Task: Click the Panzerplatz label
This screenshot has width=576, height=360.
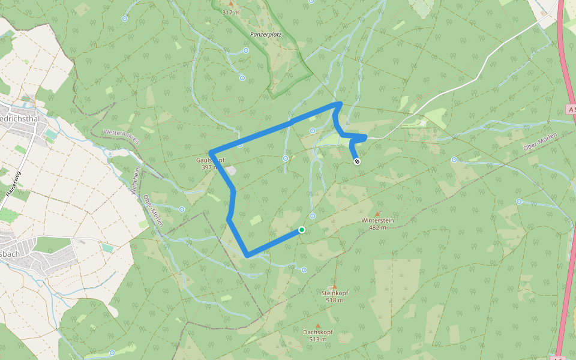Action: point(265,35)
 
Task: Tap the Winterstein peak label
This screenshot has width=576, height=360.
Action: point(377,220)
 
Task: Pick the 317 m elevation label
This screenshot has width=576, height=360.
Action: point(230,12)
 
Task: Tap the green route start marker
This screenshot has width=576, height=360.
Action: point(302,230)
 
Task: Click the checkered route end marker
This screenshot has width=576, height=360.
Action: point(358,161)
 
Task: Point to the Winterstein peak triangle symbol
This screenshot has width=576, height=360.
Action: point(377,213)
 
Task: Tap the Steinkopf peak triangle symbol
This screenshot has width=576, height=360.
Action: point(334,286)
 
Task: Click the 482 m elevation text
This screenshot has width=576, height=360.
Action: point(377,227)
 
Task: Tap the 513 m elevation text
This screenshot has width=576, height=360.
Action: point(318,339)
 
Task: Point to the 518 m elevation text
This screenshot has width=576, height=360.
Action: point(334,300)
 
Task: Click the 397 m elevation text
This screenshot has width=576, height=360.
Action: point(207,167)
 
